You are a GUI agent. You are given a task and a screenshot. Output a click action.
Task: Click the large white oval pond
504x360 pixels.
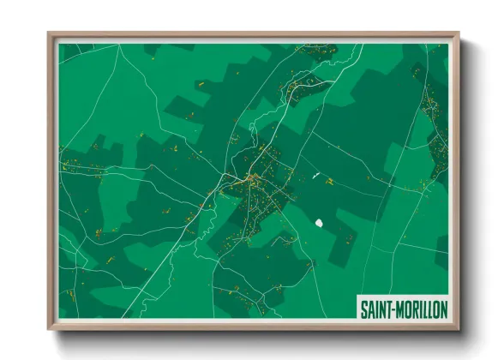point(320,223)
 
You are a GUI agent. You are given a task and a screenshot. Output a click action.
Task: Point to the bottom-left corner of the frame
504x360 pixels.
point(49,329)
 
